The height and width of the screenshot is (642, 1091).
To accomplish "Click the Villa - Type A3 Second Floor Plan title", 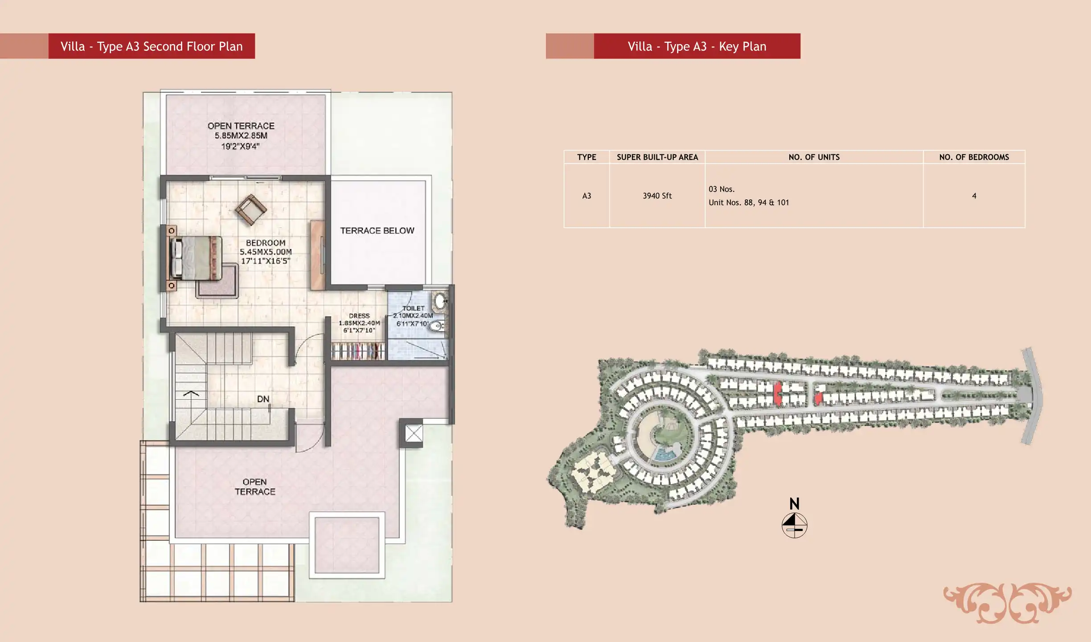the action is click(x=152, y=46).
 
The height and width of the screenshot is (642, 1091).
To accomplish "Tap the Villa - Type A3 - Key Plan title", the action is click(x=697, y=46).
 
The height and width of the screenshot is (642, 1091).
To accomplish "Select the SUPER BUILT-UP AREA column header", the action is click(x=657, y=157).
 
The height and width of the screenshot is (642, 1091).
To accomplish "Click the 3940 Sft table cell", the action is click(x=657, y=196).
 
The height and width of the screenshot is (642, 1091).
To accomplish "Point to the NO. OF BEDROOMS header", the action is click(x=974, y=157).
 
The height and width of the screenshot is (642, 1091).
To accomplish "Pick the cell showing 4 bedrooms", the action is click(x=974, y=196).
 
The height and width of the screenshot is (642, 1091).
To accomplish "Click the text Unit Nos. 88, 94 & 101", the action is click(x=749, y=202).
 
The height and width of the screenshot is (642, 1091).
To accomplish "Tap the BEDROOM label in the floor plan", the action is click(x=266, y=243).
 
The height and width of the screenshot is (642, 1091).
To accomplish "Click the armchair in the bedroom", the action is click(x=251, y=210).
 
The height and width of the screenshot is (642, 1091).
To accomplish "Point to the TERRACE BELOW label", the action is click(x=377, y=230).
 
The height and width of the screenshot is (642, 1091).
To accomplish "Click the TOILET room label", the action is click(x=414, y=308).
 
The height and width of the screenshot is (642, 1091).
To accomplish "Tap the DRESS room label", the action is click(x=359, y=316).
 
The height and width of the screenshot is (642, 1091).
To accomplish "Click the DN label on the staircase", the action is click(x=263, y=399).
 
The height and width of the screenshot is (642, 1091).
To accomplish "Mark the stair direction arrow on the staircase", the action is click(x=191, y=393).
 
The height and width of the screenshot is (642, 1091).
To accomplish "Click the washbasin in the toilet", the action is click(x=440, y=301).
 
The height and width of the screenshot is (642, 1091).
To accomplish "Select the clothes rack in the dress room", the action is click(x=358, y=351).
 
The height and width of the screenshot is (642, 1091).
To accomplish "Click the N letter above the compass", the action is click(x=794, y=504).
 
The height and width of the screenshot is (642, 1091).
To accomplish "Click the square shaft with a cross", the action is click(x=414, y=433).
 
